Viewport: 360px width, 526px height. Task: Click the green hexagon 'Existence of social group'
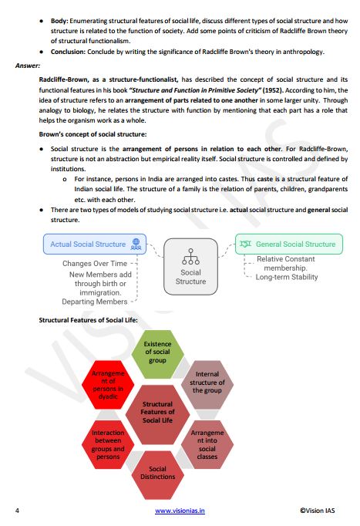click(x=156, y=352)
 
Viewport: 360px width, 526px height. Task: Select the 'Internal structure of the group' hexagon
click(x=207, y=382)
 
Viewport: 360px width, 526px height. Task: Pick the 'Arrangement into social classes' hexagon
click(x=207, y=445)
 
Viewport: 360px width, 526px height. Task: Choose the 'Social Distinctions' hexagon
click(x=157, y=472)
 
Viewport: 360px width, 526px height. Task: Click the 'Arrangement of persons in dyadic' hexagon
click(x=107, y=382)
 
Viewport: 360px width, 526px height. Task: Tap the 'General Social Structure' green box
click(x=290, y=244)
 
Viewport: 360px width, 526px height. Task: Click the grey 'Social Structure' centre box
click(x=190, y=266)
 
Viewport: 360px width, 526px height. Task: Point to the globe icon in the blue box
click(x=136, y=244)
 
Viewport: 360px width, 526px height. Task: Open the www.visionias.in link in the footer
click(x=180, y=511)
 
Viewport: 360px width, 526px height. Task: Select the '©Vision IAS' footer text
click(x=321, y=511)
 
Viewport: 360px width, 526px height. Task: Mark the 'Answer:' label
click(x=28, y=66)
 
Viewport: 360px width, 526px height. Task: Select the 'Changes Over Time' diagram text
click(x=95, y=264)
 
